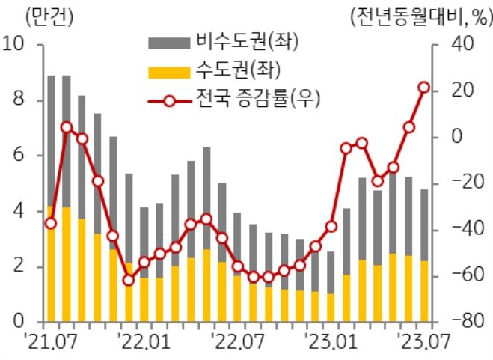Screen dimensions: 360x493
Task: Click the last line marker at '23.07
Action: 423,88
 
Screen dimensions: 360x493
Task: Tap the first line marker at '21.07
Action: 50,223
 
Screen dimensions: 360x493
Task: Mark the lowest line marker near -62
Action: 129,280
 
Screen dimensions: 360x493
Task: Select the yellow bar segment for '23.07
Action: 423,291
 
